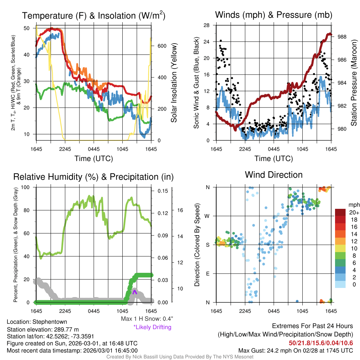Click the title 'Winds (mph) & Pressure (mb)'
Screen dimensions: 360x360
[x=274, y=15]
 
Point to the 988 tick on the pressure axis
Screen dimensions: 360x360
[x=342, y=37]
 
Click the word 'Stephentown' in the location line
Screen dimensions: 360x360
[x=50, y=322]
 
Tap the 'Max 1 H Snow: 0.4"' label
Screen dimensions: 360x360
[x=147, y=319]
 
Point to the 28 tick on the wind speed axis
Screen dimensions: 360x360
[x=207, y=25]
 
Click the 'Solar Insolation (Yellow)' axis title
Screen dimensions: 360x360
[x=174, y=83]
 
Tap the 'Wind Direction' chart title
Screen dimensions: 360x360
[x=274, y=175]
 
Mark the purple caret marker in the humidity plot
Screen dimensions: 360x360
[x=134, y=291]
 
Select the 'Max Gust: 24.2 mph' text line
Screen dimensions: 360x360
[x=296, y=350]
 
